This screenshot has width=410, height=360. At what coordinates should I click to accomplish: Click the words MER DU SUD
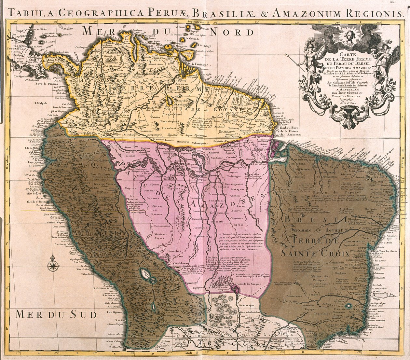tap(56, 314)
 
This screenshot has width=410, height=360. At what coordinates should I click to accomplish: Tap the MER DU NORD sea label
tap(168, 32)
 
